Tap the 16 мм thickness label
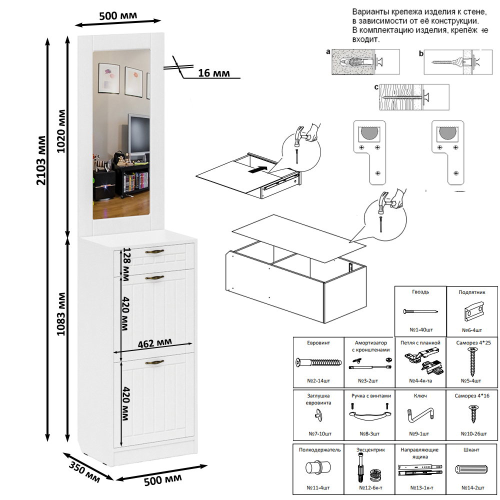tap(214, 73)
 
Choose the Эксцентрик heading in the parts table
tap(370, 450)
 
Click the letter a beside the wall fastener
tap(328, 51)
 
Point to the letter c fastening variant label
tap(376, 86)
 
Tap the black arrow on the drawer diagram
tap(256, 170)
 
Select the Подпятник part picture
tap(471, 312)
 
